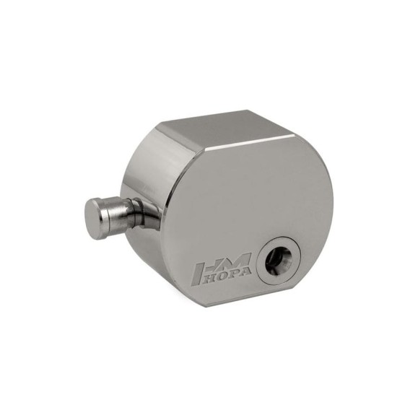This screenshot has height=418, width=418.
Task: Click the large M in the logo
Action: click(x=239, y=260)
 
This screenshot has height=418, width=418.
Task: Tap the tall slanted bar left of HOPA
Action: click(x=199, y=275)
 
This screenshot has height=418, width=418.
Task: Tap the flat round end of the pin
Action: click(x=93, y=219)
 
